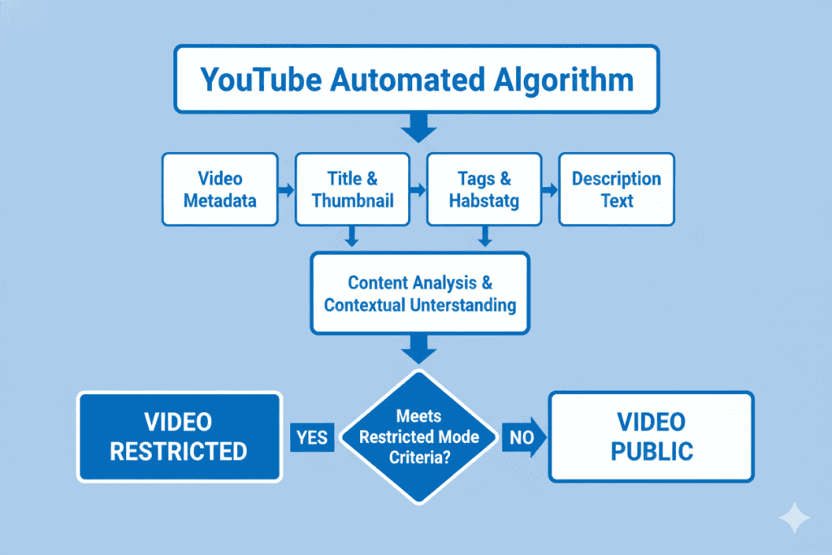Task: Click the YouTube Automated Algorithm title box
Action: point(416,79)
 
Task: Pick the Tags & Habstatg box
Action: point(484,189)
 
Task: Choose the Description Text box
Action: point(616,189)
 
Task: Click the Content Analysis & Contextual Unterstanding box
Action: point(419,293)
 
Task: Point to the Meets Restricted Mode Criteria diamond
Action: point(419,436)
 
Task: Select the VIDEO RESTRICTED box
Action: point(179,436)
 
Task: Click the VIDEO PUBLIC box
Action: point(651,436)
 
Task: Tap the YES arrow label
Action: point(311,437)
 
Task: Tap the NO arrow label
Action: point(520,437)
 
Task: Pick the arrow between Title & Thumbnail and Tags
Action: point(418,189)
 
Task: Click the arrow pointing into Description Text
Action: point(550,189)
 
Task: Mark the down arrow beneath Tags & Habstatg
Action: point(484,236)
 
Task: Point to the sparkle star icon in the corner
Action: point(792,517)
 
